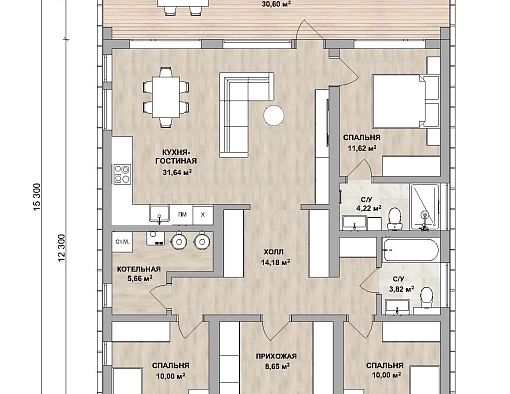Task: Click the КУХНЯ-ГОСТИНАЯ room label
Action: pos(176,157)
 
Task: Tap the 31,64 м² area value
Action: pos(177,172)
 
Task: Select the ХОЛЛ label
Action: pos(273,251)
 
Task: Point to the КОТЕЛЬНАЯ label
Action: pos(139,269)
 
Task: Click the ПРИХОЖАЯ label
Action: pos(276,357)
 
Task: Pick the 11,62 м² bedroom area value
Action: pos(362,148)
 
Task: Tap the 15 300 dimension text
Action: pos(37,197)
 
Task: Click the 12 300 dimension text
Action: pos(62,248)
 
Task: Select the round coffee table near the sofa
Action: pos(274,115)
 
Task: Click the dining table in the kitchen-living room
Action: pos(166,97)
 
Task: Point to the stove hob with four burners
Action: pos(122,174)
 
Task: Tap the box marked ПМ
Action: pos(182,215)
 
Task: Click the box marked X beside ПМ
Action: pos(203,215)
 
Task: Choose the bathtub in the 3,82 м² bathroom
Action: pos(410,250)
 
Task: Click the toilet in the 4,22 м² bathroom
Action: pos(395,218)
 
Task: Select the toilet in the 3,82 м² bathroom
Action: pos(426,297)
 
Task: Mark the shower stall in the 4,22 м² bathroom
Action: pos(425,207)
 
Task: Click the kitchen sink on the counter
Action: pos(160,214)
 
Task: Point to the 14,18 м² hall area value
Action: pos(275,262)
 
